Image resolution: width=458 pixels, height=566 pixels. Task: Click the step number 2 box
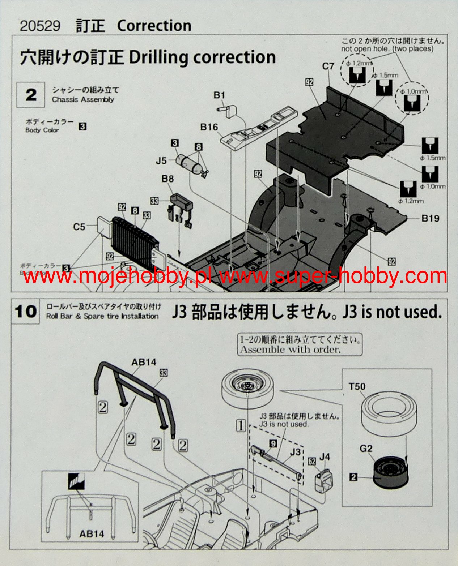coord(31,95)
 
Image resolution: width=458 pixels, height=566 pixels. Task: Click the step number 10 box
coord(26,311)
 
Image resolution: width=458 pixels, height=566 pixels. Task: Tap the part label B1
coord(219,95)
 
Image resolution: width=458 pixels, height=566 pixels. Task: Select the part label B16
coord(209,127)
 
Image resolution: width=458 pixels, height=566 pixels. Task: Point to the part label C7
coord(328,66)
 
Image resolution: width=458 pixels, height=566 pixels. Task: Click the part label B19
coord(430,218)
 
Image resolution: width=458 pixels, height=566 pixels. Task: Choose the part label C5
coord(79,227)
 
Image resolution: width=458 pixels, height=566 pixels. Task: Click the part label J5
coord(161,160)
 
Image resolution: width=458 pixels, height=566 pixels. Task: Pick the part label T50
coord(357,387)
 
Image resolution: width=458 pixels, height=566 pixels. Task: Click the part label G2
coord(366,449)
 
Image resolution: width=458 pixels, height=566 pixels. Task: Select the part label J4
coord(325,457)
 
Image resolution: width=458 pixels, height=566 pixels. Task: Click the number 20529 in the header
coord(40,26)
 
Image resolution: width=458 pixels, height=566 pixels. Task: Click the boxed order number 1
coord(241,425)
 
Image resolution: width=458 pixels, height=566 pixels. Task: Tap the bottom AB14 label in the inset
coord(92,533)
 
